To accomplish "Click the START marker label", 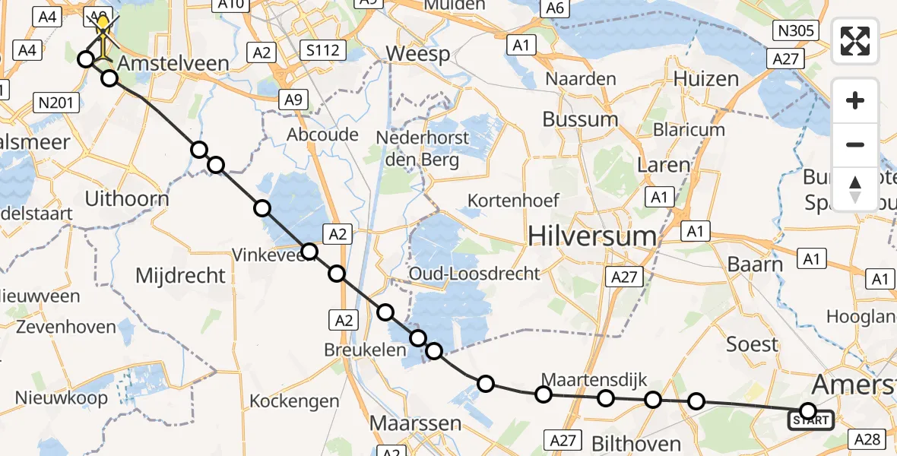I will coord(811,420).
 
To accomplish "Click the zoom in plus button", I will coord(855,100).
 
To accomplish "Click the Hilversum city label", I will coord(593,236).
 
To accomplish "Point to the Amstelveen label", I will coord(174,63).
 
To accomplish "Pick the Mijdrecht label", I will coord(180,274).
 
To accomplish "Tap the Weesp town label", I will coord(418,54).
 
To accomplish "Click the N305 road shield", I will coord(796,31).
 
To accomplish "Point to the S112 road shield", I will coord(323,52).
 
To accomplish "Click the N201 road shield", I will coord(57,101).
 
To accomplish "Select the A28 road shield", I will coord(867,438).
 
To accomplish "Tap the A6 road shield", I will coord(554,8).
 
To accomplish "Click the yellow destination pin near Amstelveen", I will coord(103,25).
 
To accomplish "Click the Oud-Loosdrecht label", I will coord(474,274).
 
